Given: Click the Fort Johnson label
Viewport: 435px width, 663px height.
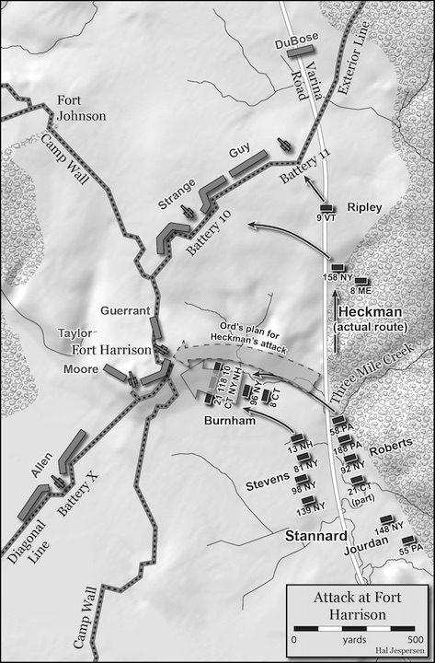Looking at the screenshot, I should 82,109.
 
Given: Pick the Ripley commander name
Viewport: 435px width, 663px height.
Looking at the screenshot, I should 365,206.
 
